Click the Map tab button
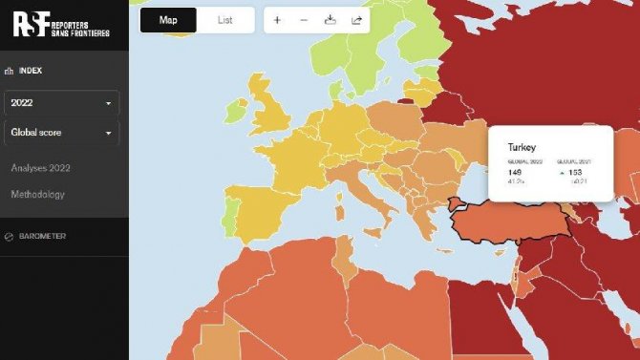pos(168,20)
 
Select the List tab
pos(225,20)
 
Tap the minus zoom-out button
pos(304,20)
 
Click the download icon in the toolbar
pos(330,20)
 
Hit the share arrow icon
pos(356,20)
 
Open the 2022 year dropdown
pos(62,102)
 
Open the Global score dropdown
pos(62,133)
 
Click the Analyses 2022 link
pos(41,168)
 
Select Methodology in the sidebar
pos(38,195)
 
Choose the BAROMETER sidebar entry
pos(43,236)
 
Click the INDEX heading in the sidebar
pos(31,70)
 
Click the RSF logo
pos(61,24)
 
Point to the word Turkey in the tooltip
pos(522,148)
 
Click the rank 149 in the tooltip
pos(516,172)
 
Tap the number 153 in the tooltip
pos(574,172)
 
